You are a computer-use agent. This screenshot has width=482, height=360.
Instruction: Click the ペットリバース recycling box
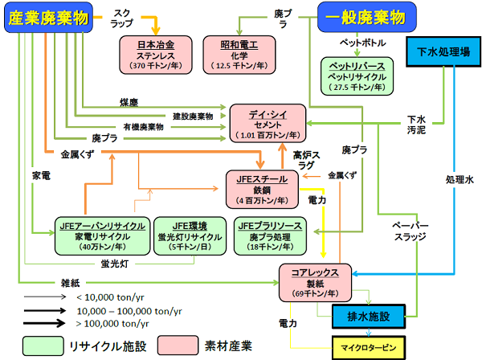(x=353, y=77)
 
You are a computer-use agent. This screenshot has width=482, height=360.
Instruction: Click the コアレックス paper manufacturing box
(x=316, y=284)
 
